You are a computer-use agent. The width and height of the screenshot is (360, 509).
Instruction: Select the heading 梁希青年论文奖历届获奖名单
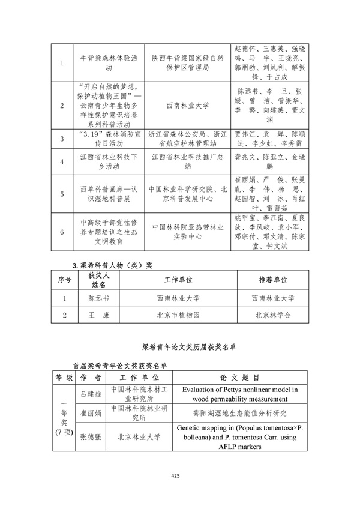pos(179,346)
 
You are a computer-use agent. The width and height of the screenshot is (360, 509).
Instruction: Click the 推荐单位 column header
pos(273,280)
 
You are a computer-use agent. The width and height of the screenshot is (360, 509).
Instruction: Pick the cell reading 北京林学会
pos(273,315)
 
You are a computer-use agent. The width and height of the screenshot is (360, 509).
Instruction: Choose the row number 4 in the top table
pos(62,161)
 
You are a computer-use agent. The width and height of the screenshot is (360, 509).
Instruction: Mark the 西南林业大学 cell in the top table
pos(179,105)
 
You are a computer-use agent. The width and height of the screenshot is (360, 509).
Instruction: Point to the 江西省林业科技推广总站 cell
pos(179,161)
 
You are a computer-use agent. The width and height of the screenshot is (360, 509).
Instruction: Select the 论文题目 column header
pos(240,378)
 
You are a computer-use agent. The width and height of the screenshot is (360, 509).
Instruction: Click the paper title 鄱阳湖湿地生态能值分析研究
pos(240,414)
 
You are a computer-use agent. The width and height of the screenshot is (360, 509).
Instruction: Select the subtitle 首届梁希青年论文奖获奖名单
pos(119,364)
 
